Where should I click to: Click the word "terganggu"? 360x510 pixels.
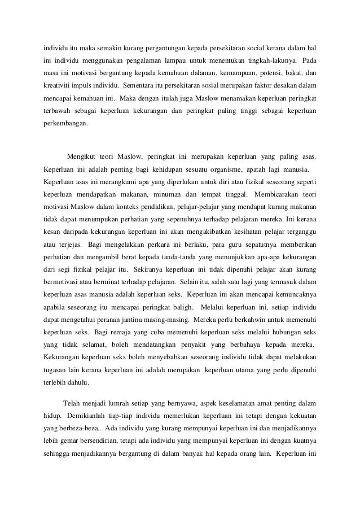tap(298, 231)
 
